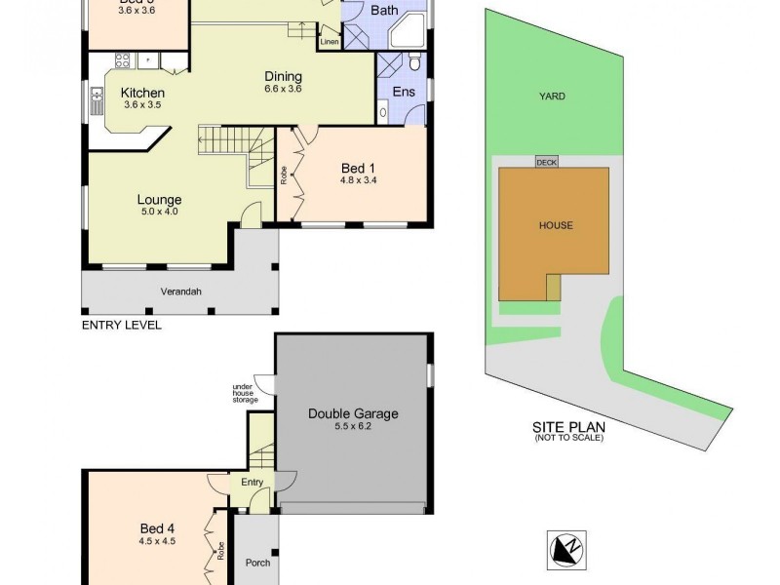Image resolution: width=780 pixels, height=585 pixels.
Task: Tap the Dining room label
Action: click(284, 77)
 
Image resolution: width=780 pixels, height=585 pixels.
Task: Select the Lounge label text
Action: click(159, 201)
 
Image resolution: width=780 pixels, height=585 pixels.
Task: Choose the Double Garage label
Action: click(353, 413)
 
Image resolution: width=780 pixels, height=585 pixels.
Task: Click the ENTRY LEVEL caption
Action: click(121, 325)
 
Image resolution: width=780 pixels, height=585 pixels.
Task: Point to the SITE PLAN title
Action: click(568, 427)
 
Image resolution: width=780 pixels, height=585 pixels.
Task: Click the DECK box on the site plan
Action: click(546, 163)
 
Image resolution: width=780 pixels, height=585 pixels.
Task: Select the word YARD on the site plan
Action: click(553, 97)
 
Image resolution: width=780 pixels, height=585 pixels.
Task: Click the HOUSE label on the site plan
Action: click(556, 225)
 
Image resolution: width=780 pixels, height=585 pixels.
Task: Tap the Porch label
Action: click(257, 563)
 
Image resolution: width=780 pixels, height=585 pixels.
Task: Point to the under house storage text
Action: click(244, 393)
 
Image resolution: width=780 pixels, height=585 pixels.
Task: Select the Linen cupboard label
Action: click(329, 42)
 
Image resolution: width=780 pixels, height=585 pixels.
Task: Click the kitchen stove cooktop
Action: click(124, 60)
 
